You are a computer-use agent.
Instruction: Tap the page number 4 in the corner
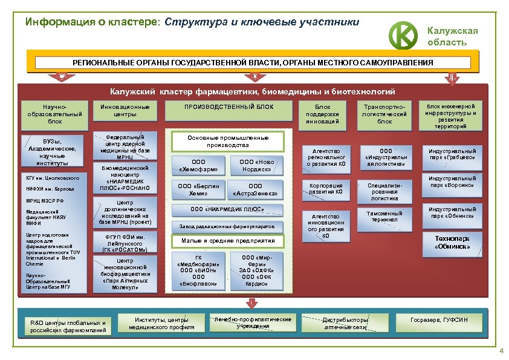[x=501, y=352]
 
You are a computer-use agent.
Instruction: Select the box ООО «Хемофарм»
[x=199, y=165]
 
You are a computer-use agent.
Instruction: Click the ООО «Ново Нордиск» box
[x=256, y=165]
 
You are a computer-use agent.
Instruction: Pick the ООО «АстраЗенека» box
[x=255, y=189]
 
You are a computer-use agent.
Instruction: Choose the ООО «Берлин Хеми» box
[x=199, y=189]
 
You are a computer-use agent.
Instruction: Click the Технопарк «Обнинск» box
[x=453, y=243]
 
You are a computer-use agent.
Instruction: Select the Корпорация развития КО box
[x=326, y=189]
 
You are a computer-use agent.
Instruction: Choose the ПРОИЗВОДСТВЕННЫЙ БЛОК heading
[x=229, y=107]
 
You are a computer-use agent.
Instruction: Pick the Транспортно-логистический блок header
[x=385, y=114]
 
